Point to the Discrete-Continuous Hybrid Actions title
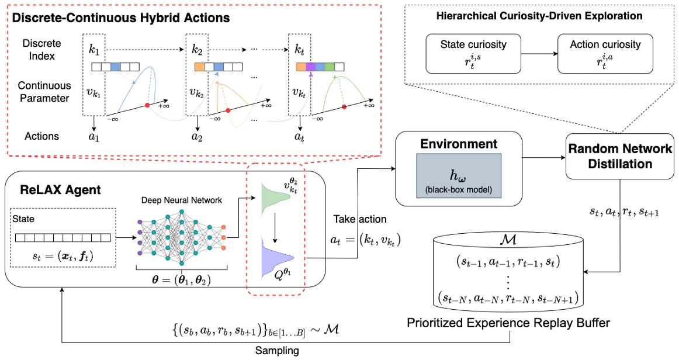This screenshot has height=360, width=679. point(122,18)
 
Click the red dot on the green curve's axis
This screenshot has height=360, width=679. point(344,106)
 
